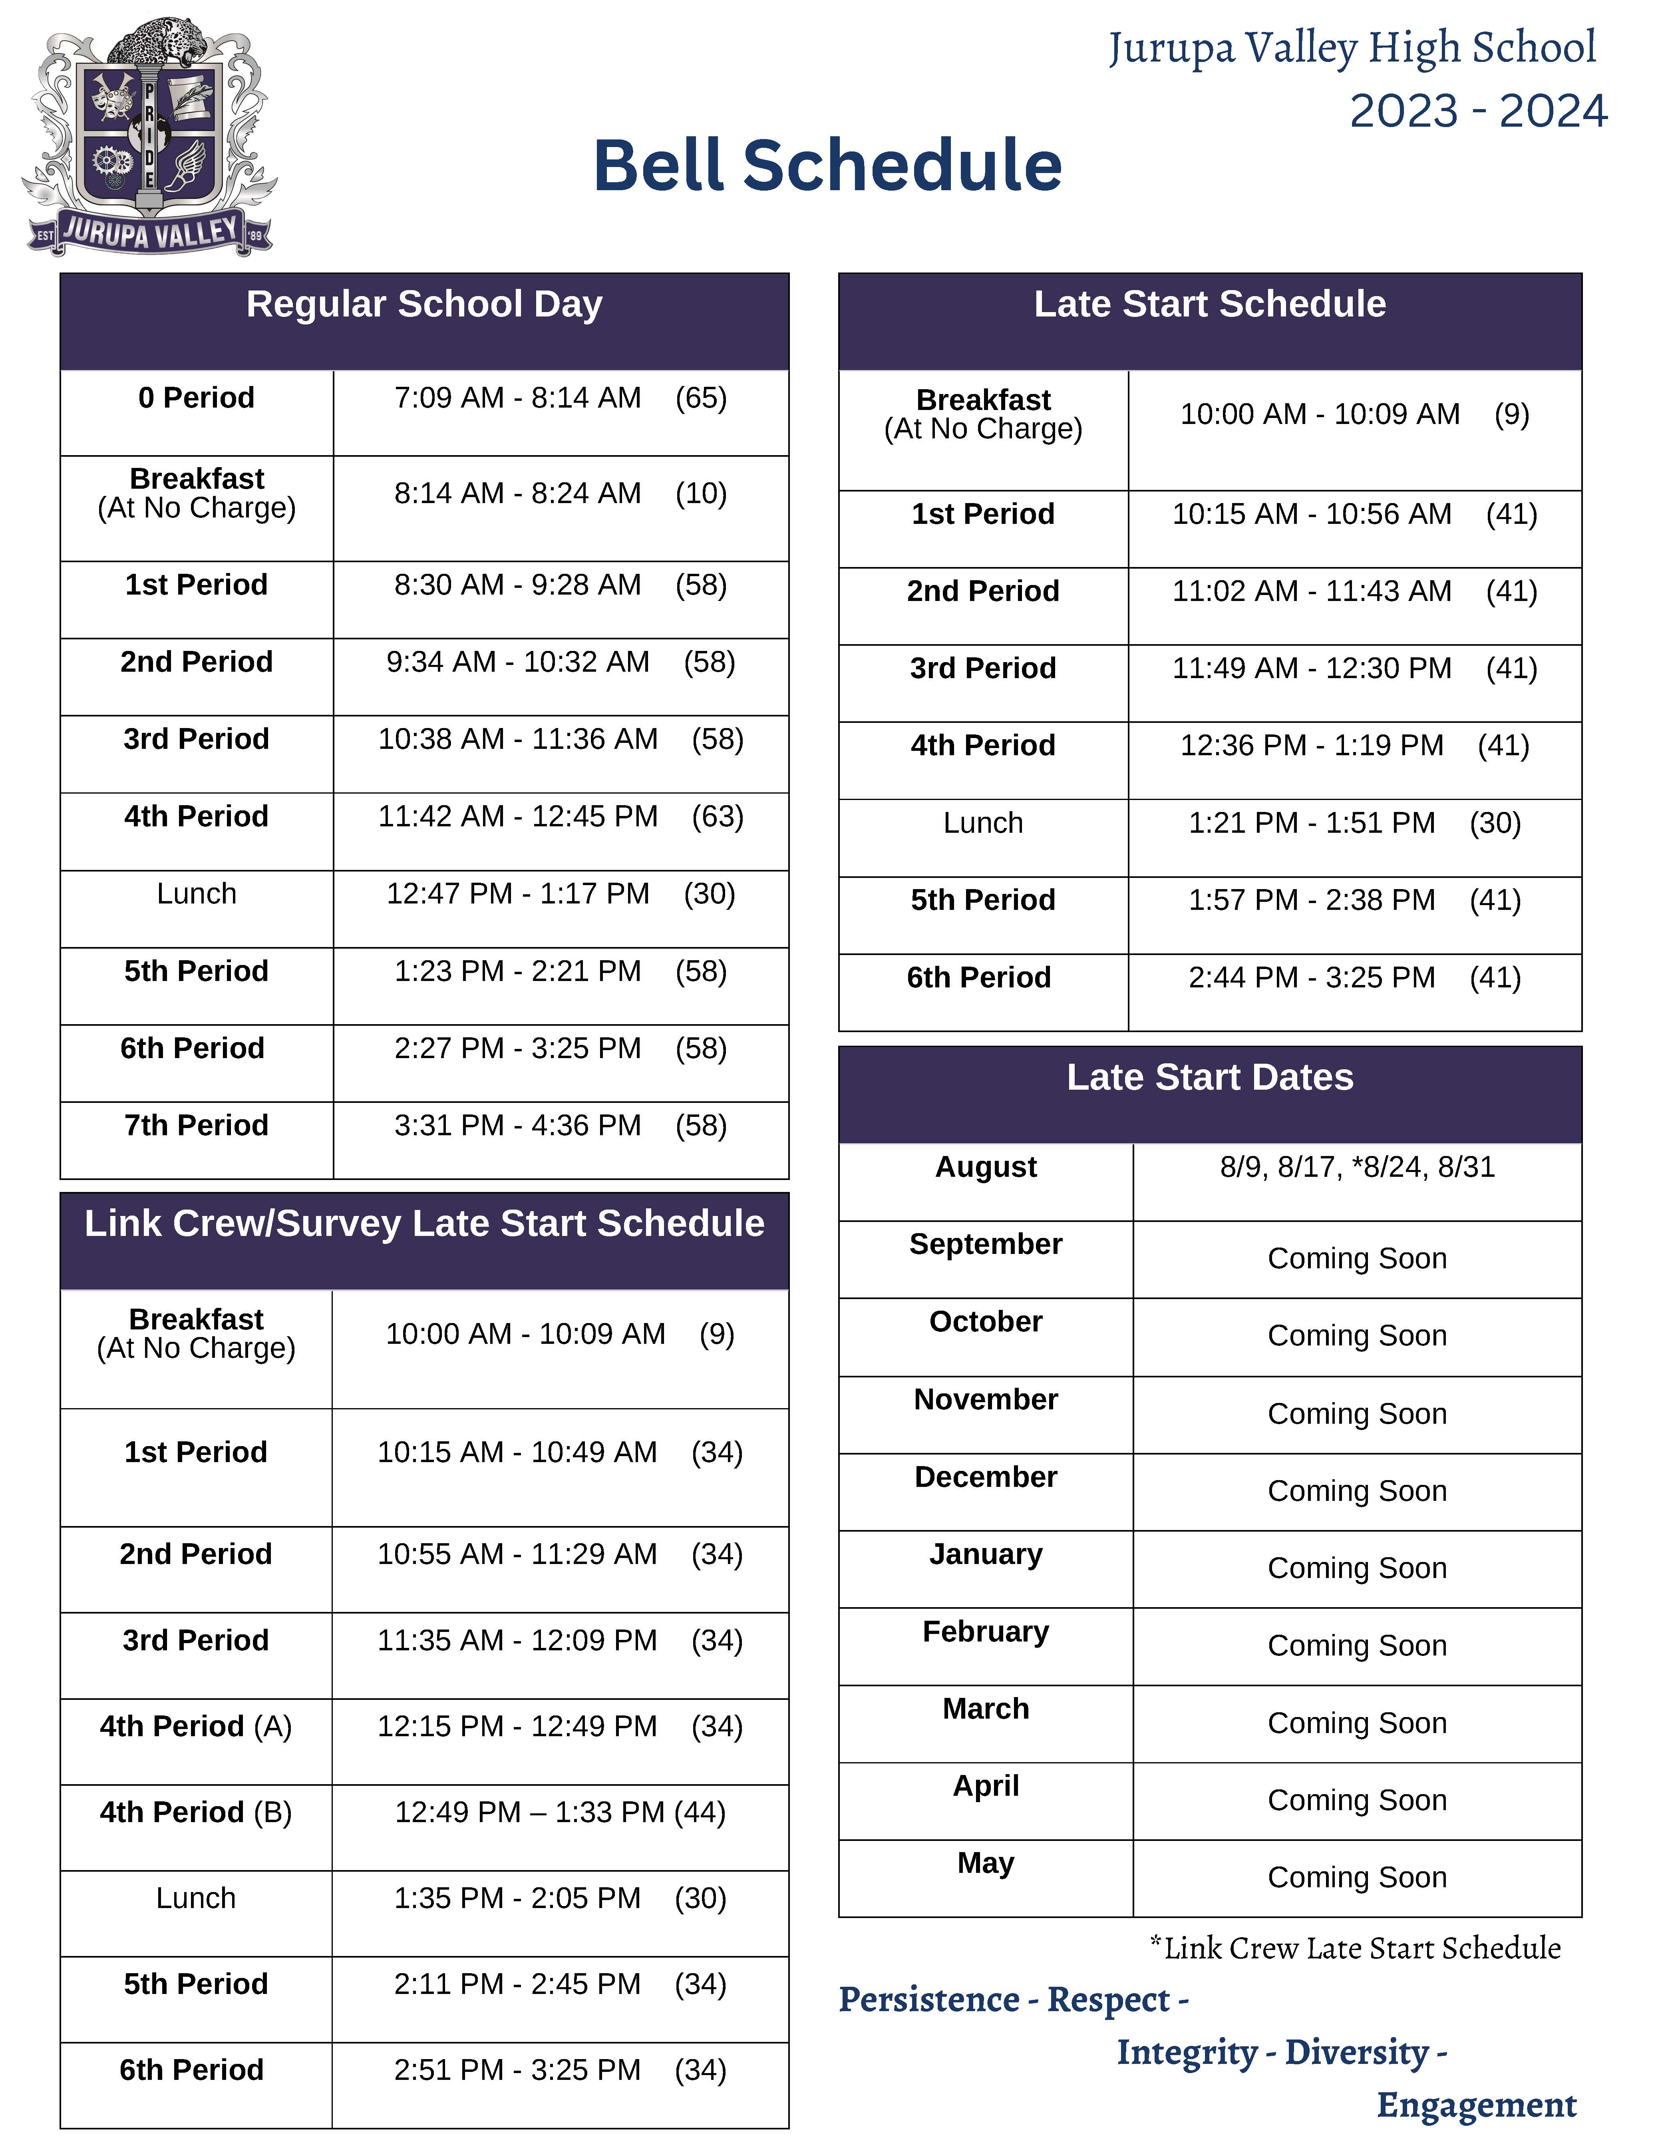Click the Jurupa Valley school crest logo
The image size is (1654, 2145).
tap(149, 137)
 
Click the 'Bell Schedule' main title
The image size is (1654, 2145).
tap(827, 166)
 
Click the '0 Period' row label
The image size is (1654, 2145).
tap(197, 398)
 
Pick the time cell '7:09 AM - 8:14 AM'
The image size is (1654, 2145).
tap(518, 398)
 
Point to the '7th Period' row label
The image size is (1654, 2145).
tap(197, 1126)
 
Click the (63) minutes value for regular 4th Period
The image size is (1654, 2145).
tap(717, 816)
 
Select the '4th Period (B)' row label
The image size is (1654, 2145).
tap(197, 1812)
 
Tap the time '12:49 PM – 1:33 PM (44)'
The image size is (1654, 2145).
tap(560, 1812)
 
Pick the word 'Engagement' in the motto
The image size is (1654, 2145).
tap(1476, 2105)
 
